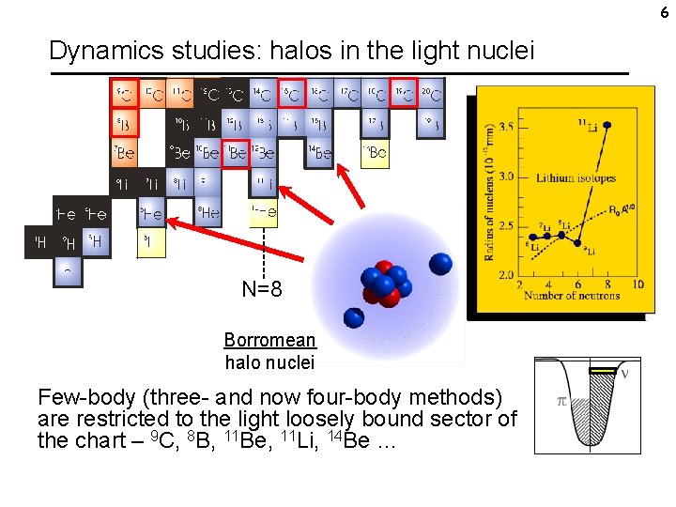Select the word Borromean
269,340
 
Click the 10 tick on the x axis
638,284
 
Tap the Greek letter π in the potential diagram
562,401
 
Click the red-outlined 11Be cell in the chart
238,152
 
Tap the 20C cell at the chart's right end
430,93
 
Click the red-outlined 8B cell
123,123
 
